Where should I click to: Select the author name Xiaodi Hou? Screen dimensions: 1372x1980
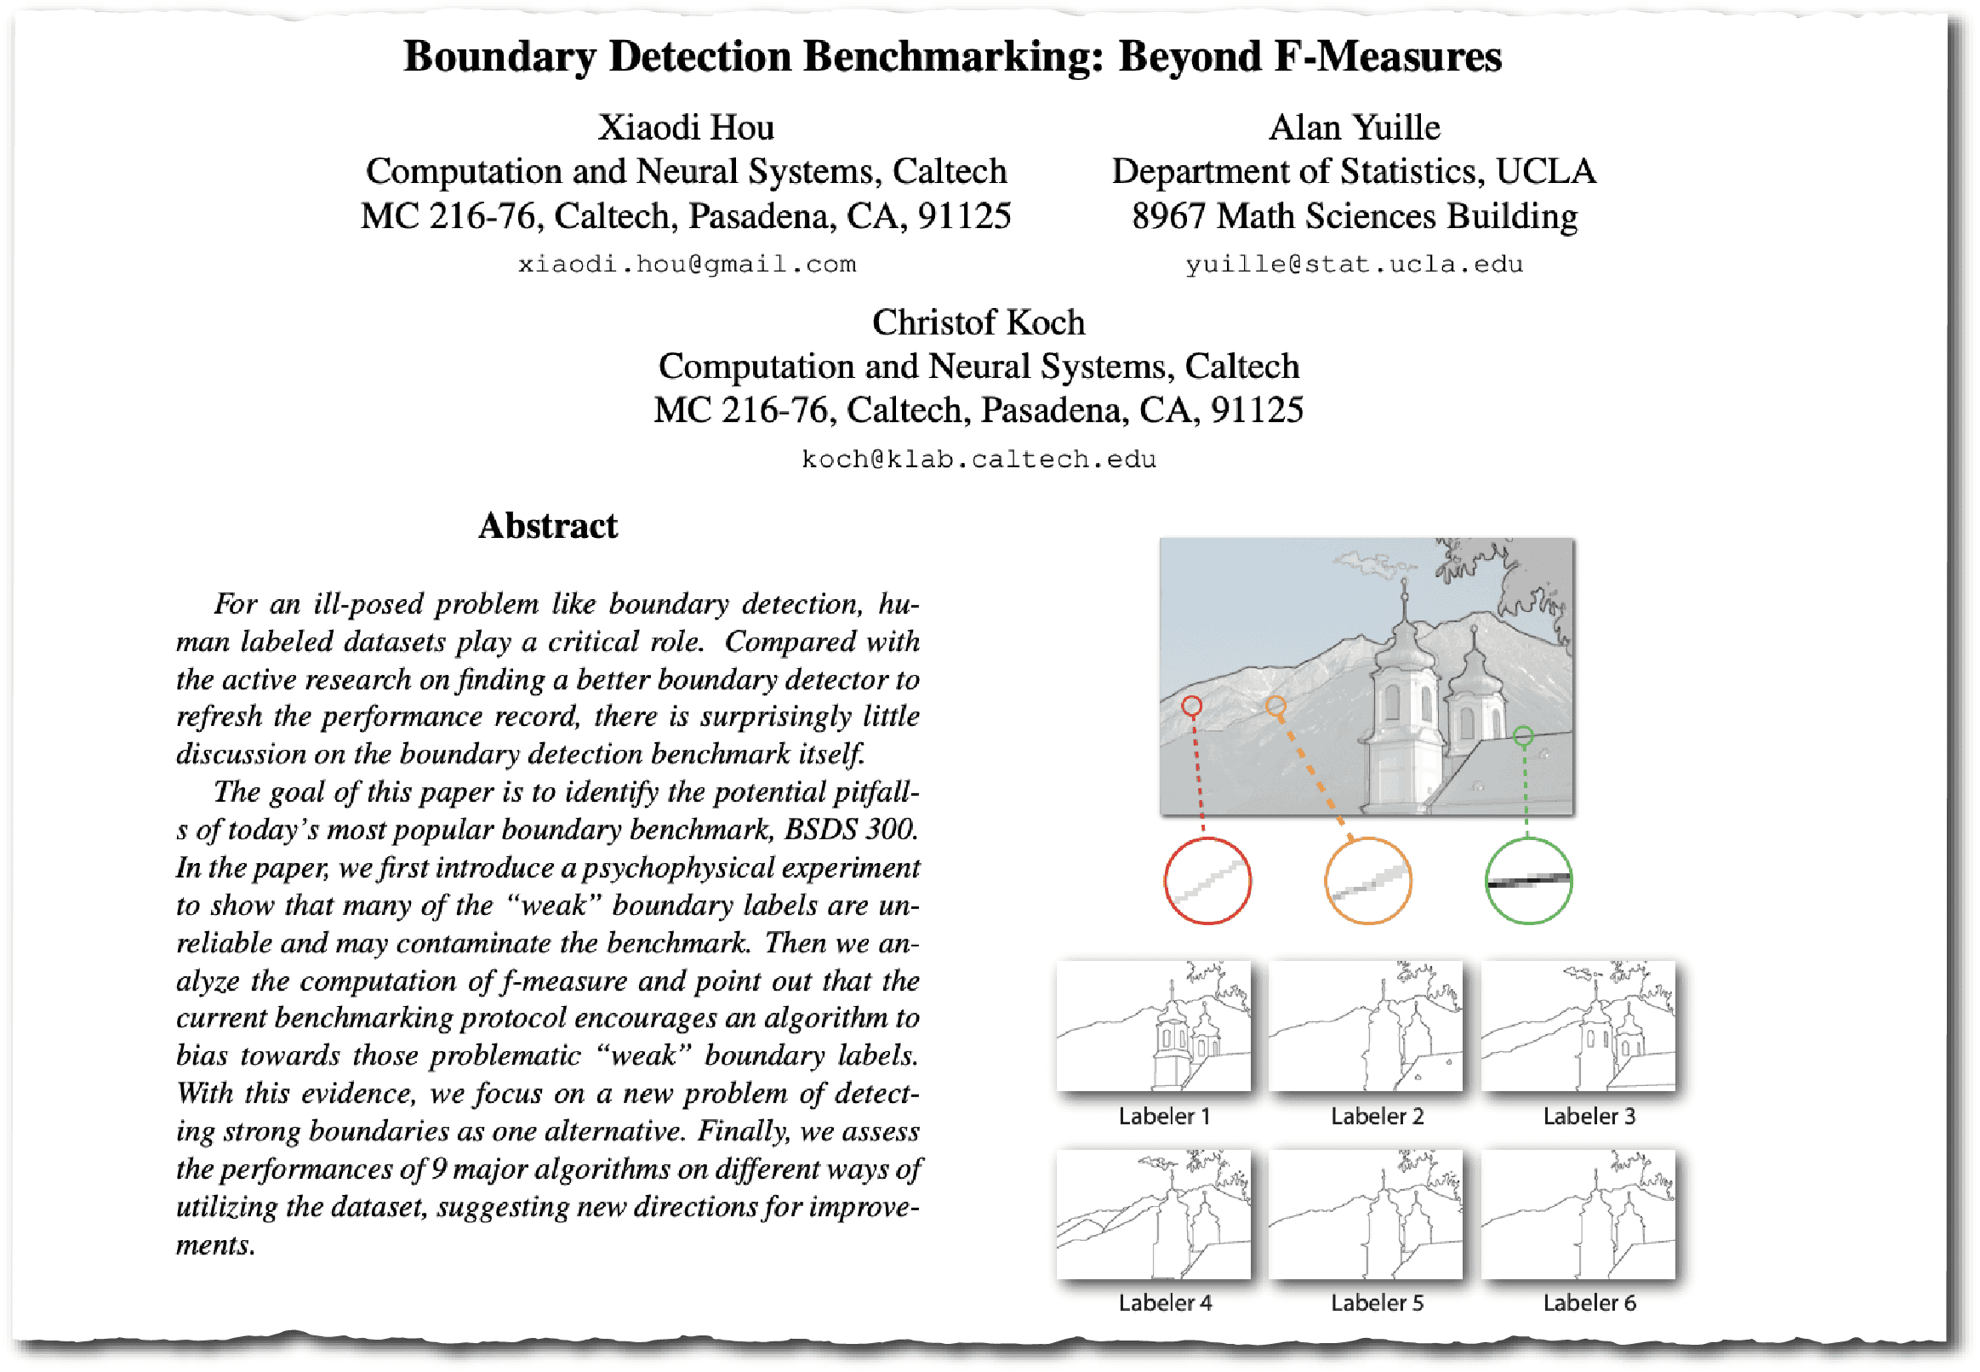(686, 127)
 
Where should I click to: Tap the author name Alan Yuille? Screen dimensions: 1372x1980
(1354, 127)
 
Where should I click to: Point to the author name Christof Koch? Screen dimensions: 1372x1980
(978, 323)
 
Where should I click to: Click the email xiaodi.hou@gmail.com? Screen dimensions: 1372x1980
(686, 264)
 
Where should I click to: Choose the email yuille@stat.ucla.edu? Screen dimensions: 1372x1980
(1354, 264)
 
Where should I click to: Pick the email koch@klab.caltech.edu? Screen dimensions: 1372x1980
(978, 459)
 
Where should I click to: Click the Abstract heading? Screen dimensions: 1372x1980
(548, 525)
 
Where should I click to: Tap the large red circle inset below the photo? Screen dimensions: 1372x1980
(1207, 880)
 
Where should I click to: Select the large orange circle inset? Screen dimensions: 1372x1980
(1367, 880)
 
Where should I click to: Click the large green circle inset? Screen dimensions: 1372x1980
(1528, 880)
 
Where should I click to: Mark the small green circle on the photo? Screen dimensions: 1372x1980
(1523, 736)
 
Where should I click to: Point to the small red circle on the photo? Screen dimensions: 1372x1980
(1191, 706)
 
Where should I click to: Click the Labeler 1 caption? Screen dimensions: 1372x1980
(1165, 1116)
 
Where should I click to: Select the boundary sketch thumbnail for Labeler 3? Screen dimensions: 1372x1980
(1578, 1025)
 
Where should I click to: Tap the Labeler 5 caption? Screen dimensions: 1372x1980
(1377, 1302)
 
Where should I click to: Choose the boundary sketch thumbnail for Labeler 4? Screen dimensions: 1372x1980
(1153, 1214)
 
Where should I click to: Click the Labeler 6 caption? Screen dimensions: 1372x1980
(1589, 1302)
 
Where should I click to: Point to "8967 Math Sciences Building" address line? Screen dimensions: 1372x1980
(1354, 217)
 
